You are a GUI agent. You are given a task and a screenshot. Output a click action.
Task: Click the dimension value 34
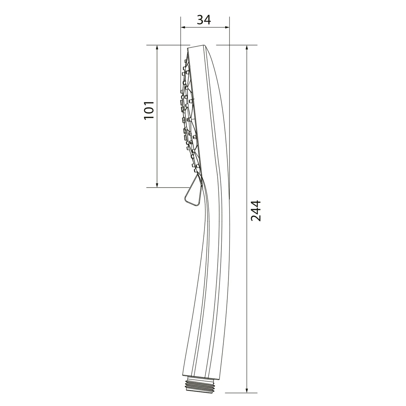(204, 20)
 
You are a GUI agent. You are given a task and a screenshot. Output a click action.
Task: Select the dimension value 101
(149, 110)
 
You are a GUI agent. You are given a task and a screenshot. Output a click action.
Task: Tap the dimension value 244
(256, 210)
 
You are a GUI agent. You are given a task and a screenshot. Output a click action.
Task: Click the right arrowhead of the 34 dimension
(227, 27)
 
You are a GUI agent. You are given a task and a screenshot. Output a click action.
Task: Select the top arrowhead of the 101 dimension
(157, 48)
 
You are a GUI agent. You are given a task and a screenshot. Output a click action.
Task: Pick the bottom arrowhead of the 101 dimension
(157, 184)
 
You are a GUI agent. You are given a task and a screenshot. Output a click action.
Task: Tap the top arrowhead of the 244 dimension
(247, 48)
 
